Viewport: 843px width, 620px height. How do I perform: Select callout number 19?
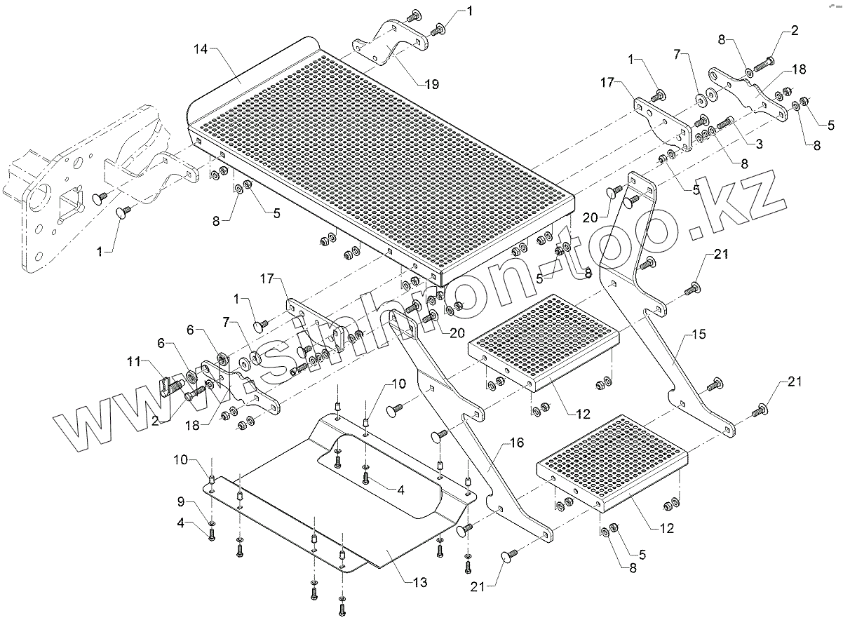(x=431, y=84)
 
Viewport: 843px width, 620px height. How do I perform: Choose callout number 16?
(x=517, y=443)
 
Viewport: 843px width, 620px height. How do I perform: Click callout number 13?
(x=420, y=581)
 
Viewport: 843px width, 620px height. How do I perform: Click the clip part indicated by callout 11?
(x=168, y=386)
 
